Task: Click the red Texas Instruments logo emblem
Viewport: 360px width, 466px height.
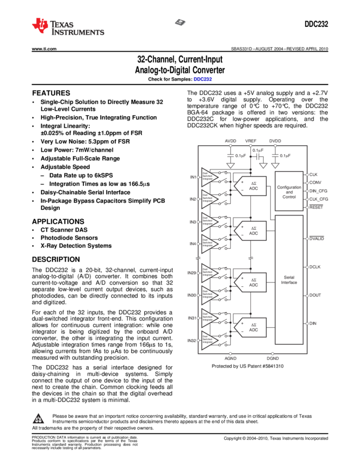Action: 39,26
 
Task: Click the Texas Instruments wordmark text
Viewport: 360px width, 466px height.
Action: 77,29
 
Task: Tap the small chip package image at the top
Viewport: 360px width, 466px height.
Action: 180,22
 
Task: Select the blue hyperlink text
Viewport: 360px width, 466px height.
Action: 202,79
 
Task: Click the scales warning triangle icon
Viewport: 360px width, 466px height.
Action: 38,419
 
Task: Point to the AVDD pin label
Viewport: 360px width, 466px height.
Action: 231,140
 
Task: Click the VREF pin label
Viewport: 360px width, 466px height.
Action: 250,140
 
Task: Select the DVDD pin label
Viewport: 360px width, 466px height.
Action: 275,140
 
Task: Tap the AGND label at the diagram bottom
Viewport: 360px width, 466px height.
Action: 231,359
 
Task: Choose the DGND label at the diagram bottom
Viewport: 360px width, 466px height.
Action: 273,359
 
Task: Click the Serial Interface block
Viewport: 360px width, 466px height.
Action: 289,280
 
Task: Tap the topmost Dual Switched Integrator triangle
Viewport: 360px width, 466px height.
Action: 209,177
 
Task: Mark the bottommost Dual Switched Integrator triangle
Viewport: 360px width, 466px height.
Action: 209,340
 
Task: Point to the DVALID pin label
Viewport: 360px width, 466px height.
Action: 317,238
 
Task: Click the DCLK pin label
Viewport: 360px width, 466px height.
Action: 315,267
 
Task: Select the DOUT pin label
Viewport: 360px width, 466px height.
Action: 315,295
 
